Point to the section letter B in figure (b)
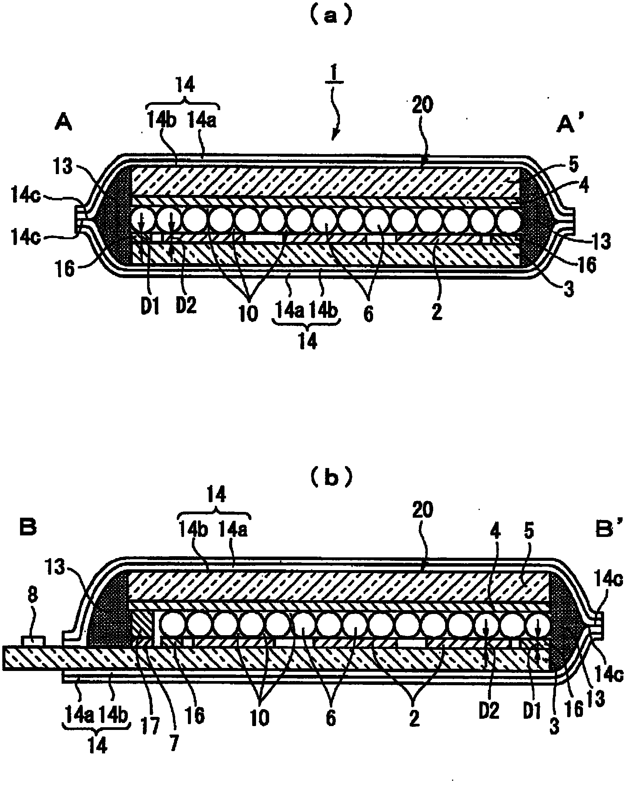tap(27, 527)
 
